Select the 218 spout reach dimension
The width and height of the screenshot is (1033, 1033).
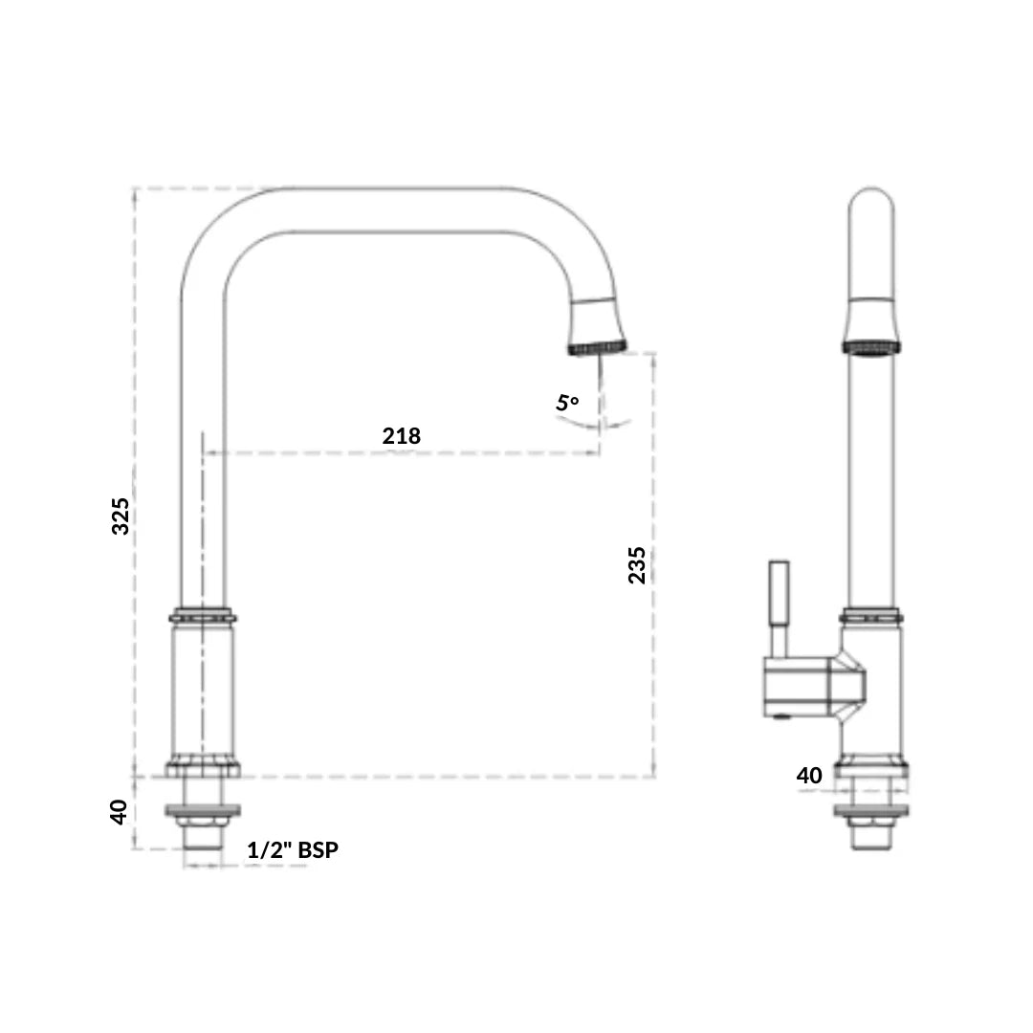(x=401, y=436)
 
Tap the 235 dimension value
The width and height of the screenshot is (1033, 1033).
(x=637, y=565)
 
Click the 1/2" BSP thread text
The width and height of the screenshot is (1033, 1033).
(x=293, y=849)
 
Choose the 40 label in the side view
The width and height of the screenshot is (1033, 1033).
(x=809, y=776)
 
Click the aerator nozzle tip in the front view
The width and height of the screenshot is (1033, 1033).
(x=596, y=346)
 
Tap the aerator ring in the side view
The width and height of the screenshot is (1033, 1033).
(x=870, y=346)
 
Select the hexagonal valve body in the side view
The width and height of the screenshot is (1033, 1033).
(x=813, y=686)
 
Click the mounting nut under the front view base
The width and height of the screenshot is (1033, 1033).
(x=202, y=814)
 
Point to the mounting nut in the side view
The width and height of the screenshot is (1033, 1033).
(x=870, y=814)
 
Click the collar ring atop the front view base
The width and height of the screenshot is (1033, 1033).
(x=202, y=616)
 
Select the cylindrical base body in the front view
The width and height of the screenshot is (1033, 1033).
(x=202, y=689)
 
